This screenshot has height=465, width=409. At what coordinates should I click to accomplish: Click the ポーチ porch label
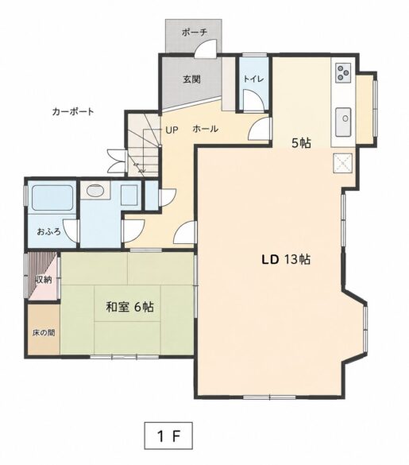(194, 33)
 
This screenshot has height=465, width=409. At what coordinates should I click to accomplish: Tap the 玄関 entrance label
(191, 79)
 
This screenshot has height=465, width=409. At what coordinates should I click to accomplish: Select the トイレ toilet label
(253, 79)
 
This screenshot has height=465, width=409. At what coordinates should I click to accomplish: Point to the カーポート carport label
(73, 111)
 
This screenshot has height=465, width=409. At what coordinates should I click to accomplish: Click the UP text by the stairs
(172, 130)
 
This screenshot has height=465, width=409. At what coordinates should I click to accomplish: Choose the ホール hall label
(206, 129)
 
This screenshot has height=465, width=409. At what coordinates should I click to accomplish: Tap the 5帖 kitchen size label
(301, 143)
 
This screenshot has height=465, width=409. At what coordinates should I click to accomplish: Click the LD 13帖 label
(286, 259)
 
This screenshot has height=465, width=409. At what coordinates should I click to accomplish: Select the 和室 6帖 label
(129, 307)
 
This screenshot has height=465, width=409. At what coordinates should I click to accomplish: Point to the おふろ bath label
(49, 231)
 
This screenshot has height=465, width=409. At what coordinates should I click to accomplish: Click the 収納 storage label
(44, 280)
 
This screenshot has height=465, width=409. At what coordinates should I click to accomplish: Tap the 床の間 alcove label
(44, 333)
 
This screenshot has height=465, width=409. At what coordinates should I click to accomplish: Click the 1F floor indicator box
(168, 436)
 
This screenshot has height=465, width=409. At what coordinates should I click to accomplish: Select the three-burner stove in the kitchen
(343, 72)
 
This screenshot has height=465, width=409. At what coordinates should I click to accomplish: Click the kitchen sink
(344, 122)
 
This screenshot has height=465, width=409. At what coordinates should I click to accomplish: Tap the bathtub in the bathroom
(52, 198)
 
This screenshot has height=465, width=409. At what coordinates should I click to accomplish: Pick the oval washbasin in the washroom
(95, 190)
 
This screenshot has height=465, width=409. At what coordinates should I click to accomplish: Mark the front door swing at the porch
(206, 48)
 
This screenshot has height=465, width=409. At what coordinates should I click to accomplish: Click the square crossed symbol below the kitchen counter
(343, 163)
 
